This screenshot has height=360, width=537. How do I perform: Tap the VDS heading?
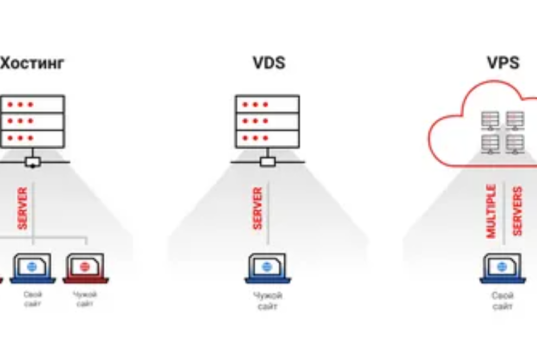(268, 63)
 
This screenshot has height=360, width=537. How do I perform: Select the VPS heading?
(503, 63)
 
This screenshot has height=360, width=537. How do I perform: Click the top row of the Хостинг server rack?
(33, 105)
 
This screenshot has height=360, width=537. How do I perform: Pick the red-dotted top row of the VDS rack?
(268, 105)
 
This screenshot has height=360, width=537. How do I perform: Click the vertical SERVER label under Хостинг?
(20, 210)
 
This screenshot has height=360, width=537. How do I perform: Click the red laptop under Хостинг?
(85, 268)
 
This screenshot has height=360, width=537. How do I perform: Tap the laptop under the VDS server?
(268, 268)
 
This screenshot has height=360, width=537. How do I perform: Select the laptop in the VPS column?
(503, 268)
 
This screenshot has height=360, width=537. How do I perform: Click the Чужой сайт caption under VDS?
(268, 302)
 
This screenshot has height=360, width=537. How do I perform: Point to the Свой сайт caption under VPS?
(503, 302)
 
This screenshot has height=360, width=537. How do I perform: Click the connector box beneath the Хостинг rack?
(32, 161)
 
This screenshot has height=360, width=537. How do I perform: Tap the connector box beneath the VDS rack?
(268, 161)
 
